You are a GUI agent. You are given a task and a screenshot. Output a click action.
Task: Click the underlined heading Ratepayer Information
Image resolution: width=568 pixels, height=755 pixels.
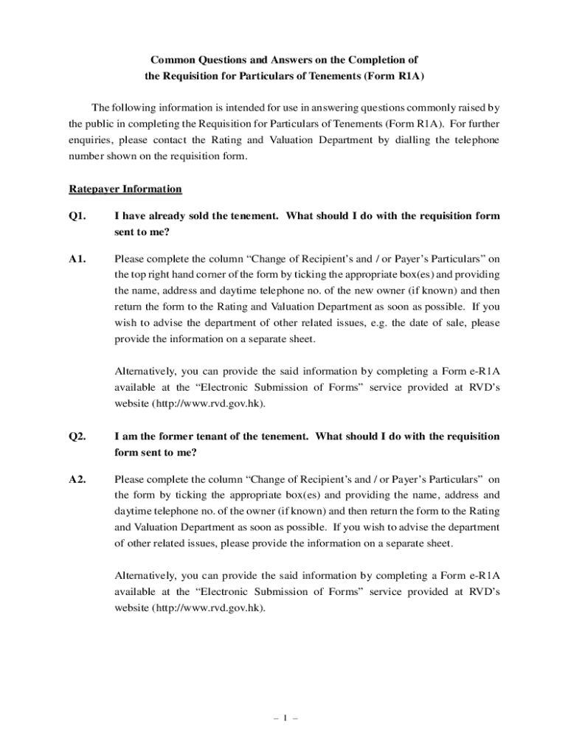(125, 189)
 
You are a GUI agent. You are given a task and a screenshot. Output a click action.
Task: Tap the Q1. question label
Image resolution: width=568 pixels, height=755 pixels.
(77, 217)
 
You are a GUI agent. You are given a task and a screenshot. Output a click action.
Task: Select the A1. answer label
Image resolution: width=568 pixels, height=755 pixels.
(77, 259)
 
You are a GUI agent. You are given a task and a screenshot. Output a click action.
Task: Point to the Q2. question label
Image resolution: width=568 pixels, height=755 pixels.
(77, 436)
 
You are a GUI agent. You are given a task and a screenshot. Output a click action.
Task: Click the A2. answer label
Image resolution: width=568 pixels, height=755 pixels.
(77, 479)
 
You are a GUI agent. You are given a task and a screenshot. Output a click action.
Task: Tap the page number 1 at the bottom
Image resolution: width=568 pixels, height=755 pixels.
(284, 716)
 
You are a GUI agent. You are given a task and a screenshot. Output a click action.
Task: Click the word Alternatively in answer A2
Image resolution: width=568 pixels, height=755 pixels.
(145, 576)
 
